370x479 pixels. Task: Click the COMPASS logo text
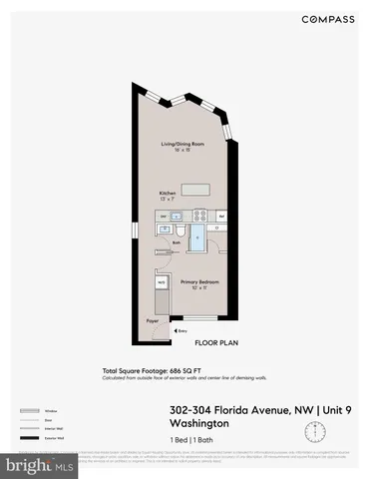coord(324,19)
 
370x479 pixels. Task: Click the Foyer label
coord(153,321)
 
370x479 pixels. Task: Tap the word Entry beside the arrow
coord(183,331)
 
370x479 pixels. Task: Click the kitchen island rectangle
coord(196,189)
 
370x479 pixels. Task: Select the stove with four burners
coord(198,214)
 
